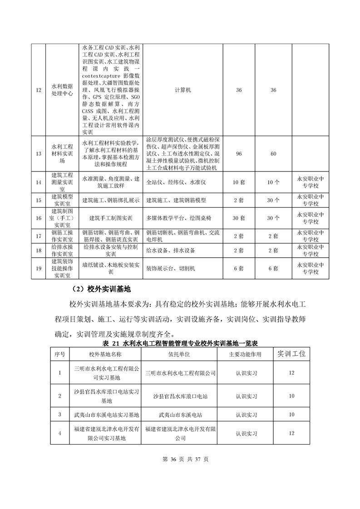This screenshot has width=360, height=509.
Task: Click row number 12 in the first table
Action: [x=38, y=90]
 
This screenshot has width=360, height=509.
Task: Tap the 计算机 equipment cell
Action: [x=183, y=90]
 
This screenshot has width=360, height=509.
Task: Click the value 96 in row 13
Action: [x=239, y=154]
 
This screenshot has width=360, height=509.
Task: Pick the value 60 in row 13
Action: [x=273, y=154]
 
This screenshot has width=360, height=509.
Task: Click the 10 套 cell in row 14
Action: [x=239, y=182]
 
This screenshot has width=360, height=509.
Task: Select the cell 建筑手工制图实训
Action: [x=111, y=218]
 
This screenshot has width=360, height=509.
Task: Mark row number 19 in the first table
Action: [x=38, y=269]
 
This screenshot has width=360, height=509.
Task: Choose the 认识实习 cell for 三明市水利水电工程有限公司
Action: [x=246, y=373]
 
